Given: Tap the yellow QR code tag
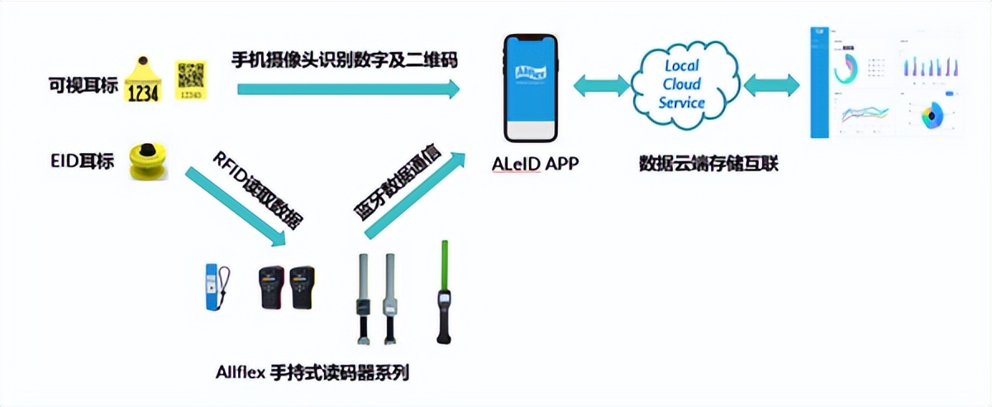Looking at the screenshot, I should point(190,80).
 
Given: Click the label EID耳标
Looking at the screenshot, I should point(83,157).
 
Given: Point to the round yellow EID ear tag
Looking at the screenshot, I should point(149,159).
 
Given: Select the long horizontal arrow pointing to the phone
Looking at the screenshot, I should point(347,88).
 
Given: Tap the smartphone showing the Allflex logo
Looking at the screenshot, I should point(530,87).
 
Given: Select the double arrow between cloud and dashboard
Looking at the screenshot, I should point(771,84).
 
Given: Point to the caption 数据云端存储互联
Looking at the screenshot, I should point(708,164).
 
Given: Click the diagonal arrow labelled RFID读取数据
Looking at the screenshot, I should point(235,207).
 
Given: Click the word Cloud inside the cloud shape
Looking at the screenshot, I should point(681,84).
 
